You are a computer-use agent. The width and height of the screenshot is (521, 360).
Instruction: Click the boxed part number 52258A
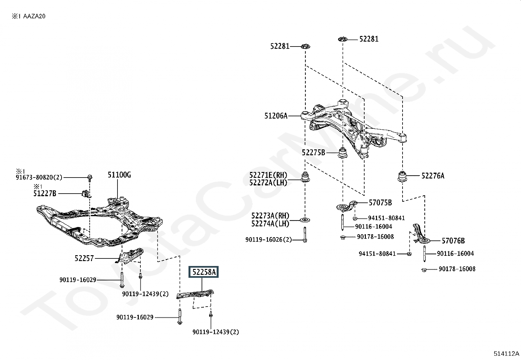(x=204, y=272)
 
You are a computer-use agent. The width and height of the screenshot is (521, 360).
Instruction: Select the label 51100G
(x=119, y=175)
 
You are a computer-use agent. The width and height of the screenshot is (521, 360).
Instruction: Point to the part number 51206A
(x=276, y=116)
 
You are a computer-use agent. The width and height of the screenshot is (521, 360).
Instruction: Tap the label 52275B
(x=313, y=153)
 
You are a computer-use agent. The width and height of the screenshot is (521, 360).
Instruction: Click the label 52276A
(x=433, y=176)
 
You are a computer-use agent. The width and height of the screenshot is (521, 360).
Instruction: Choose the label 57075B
(x=380, y=202)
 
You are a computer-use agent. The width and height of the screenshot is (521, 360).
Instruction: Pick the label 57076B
(x=453, y=240)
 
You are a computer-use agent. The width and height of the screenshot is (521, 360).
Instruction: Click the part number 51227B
(x=45, y=193)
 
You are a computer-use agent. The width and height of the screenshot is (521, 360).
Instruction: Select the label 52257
(x=84, y=258)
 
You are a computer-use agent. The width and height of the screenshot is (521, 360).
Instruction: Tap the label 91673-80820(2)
(x=39, y=178)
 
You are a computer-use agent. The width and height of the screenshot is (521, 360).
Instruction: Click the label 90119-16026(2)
(x=269, y=239)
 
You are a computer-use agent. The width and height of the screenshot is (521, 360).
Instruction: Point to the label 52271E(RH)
(x=268, y=175)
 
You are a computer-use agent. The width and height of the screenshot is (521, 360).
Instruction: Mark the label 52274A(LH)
(x=270, y=223)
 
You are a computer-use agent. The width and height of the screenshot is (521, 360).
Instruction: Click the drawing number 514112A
(x=506, y=353)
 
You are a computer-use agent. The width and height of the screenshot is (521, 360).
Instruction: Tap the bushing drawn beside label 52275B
(x=342, y=153)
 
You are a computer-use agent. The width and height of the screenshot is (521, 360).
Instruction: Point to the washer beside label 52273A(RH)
(x=305, y=220)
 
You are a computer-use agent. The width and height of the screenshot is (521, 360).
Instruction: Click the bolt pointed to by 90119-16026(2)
(x=305, y=235)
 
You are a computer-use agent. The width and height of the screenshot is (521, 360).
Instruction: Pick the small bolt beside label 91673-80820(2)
(x=90, y=178)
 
